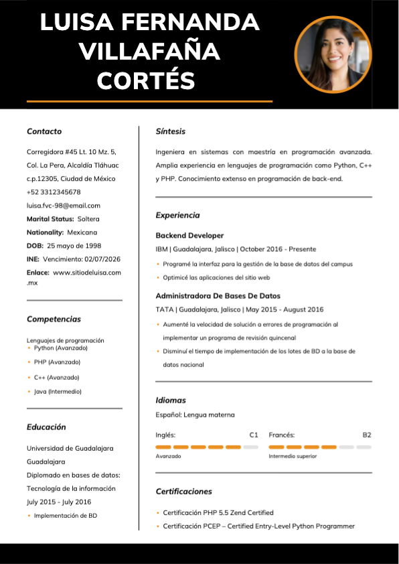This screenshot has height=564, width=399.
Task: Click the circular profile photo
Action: [333, 54]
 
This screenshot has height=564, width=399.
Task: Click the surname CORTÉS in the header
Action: [146, 81]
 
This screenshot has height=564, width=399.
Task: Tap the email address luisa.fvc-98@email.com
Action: [63, 206]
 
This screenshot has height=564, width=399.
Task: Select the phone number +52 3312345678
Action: [54, 192]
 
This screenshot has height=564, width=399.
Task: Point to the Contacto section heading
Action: [44, 131]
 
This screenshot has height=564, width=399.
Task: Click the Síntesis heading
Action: [170, 131]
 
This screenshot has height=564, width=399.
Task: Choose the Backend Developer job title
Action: [189, 236]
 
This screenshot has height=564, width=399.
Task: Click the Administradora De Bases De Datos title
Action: [218, 295]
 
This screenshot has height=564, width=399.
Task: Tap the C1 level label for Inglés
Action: [254, 435]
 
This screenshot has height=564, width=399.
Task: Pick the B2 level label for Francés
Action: [367, 435]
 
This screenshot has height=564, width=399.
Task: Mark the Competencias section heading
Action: [54, 320]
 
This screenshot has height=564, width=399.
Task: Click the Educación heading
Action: [46, 427]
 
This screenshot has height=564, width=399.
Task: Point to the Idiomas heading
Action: [171, 400]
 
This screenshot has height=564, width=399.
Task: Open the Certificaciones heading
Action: [183, 492]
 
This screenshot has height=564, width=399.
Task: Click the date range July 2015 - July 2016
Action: [59, 502]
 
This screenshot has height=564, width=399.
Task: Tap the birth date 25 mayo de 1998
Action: [74, 246]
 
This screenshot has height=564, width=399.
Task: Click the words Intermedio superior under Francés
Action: [293, 456]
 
